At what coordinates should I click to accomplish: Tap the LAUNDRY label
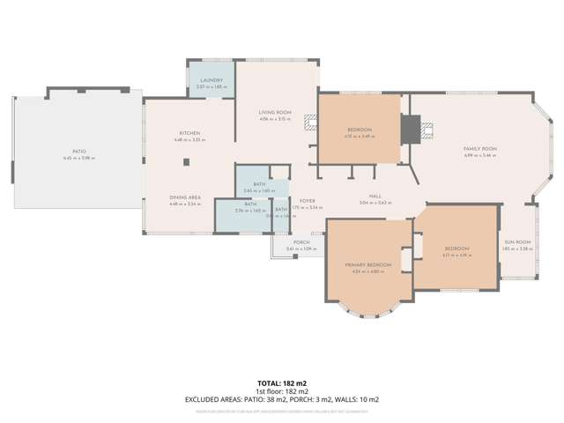(x=211, y=80)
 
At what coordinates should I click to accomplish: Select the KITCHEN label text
(x=189, y=133)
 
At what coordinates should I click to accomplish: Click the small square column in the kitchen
(x=186, y=161)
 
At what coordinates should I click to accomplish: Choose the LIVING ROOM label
(x=275, y=112)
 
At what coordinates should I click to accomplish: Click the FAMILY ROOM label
(x=480, y=149)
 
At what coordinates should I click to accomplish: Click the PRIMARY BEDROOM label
(x=367, y=264)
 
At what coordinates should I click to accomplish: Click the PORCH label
(x=301, y=242)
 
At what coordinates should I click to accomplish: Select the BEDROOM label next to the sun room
(x=456, y=249)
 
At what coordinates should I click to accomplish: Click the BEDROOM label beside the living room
(x=359, y=130)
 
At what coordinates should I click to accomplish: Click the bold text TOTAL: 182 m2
(x=281, y=384)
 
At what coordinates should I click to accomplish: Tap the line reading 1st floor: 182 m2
(x=281, y=391)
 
